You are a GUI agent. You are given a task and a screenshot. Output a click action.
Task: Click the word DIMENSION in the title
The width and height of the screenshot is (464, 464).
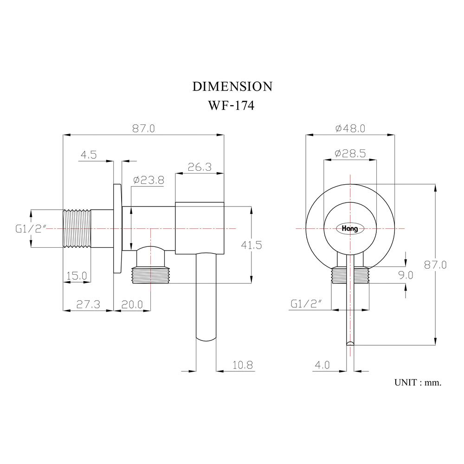pyautogui.click(x=232, y=86)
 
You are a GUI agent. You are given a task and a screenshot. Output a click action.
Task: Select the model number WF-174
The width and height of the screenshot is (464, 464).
pyautogui.click(x=232, y=106)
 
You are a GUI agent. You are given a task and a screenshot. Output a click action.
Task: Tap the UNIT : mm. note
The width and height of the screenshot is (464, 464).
pyautogui.click(x=418, y=383)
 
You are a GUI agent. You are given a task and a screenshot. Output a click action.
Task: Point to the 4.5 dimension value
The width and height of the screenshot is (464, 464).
pyautogui.click(x=88, y=155)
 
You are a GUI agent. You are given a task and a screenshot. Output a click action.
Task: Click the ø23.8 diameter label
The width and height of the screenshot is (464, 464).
pyautogui.click(x=148, y=180)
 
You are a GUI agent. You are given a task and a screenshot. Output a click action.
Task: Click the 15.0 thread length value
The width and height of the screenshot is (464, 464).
pyautogui.click(x=77, y=276)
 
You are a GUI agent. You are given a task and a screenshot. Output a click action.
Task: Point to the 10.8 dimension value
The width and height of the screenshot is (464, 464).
pyautogui.click(x=243, y=365)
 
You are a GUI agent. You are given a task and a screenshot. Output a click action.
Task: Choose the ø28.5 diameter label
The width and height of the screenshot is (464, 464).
pyautogui.click(x=350, y=153)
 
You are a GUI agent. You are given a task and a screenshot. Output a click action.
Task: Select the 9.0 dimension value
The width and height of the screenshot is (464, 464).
pyautogui.click(x=405, y=275)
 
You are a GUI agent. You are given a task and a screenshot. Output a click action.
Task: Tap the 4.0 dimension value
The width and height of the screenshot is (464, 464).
pyautogui.click(x=322, y=365)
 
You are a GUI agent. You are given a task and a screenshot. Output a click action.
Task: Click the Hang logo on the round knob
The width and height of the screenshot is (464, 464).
pyautogui.click(x=350, y=228)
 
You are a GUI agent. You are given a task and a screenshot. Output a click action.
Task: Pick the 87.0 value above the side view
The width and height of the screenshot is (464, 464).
pyautogui.click(x=143, y=129)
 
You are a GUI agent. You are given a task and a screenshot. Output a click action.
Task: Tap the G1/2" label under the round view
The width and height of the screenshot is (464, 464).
pyautogui.click(x=306, y=304)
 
